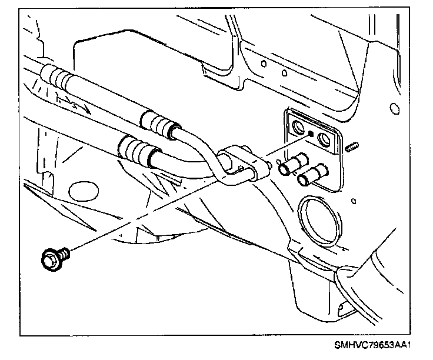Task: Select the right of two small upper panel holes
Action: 284,75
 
